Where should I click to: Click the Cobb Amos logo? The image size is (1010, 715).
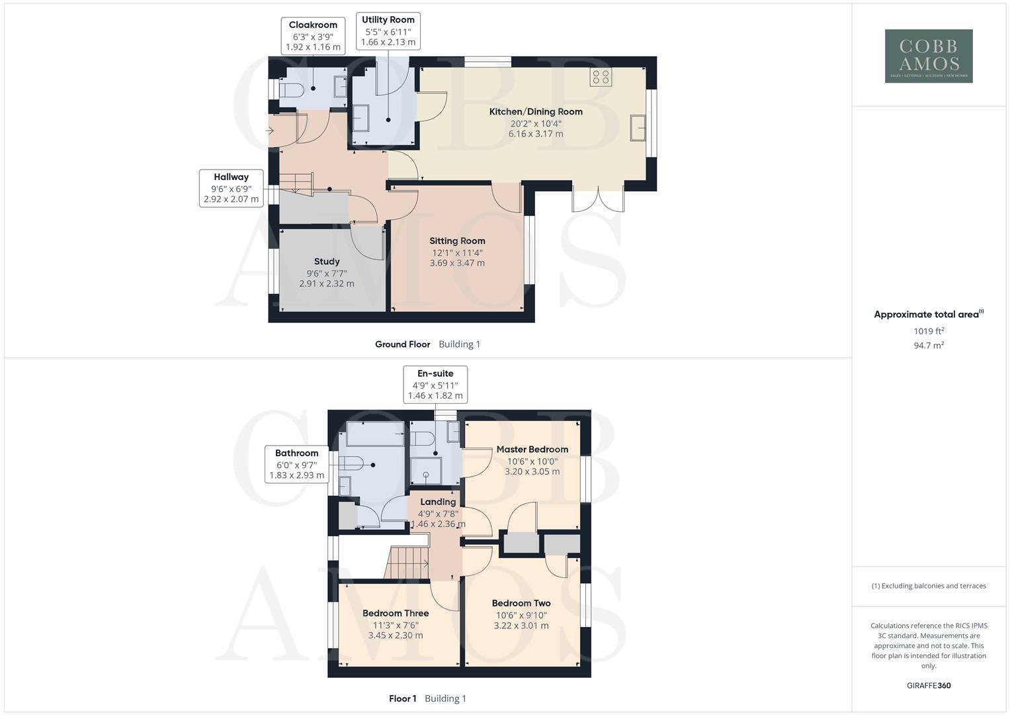(x=929, y=56)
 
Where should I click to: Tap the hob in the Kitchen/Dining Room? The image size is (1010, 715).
(x=601, y=77)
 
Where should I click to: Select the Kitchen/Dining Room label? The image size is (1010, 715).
(x=536, y=112)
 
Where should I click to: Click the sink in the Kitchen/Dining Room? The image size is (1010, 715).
(x=639, y=128)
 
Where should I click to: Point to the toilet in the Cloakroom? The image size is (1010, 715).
(x=292, y=90)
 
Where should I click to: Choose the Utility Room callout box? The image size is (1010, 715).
(x=388, y=31)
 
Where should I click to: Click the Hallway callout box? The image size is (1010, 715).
(x=231, y=188)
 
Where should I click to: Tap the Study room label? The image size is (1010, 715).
(x=327, y=262)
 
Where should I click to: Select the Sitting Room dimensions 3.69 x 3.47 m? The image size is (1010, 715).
(x=457, y=263)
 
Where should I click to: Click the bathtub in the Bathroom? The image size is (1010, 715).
(x=375, y=434)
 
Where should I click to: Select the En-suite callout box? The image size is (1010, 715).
(x=435, y=385)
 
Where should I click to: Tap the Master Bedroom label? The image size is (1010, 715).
(x=532, y=450)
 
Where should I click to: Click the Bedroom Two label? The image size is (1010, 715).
(x=521, y=603)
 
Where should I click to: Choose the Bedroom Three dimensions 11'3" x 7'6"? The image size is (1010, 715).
(x=396, y=625)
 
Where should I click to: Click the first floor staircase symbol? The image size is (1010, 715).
(x=407, y=563)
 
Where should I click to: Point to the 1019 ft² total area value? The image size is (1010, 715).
(x=929, y=331)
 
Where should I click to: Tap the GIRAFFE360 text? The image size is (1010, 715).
(x=929, y=685)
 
